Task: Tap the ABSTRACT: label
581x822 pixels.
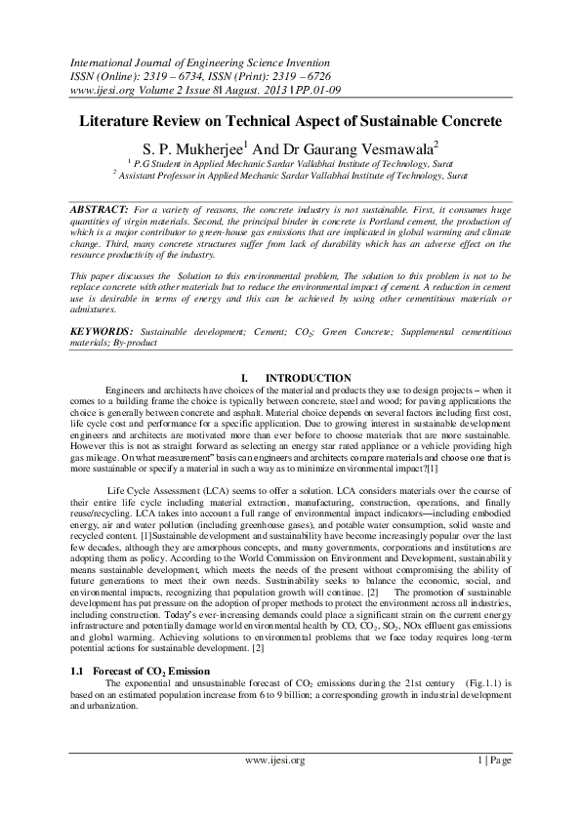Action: pyautogui.click(x=101, y=210)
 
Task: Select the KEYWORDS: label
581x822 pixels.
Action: pyautogui.click(x=103, y=332)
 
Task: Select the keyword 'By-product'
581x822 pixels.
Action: pyautogui.click(x=129, y=343)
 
